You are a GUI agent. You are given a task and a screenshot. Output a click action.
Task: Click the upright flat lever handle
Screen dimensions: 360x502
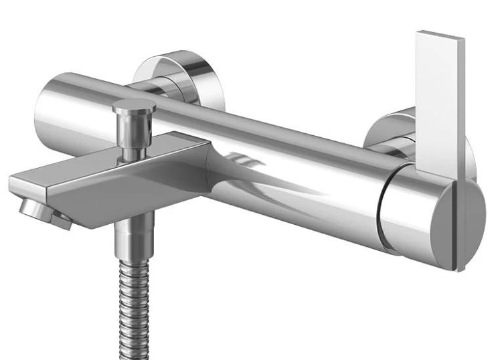[x=439, y=100]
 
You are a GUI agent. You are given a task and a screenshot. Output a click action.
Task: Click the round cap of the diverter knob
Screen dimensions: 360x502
[x=134, y=106]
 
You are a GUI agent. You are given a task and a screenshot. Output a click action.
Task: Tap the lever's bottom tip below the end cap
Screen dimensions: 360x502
[x=461, y=264]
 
